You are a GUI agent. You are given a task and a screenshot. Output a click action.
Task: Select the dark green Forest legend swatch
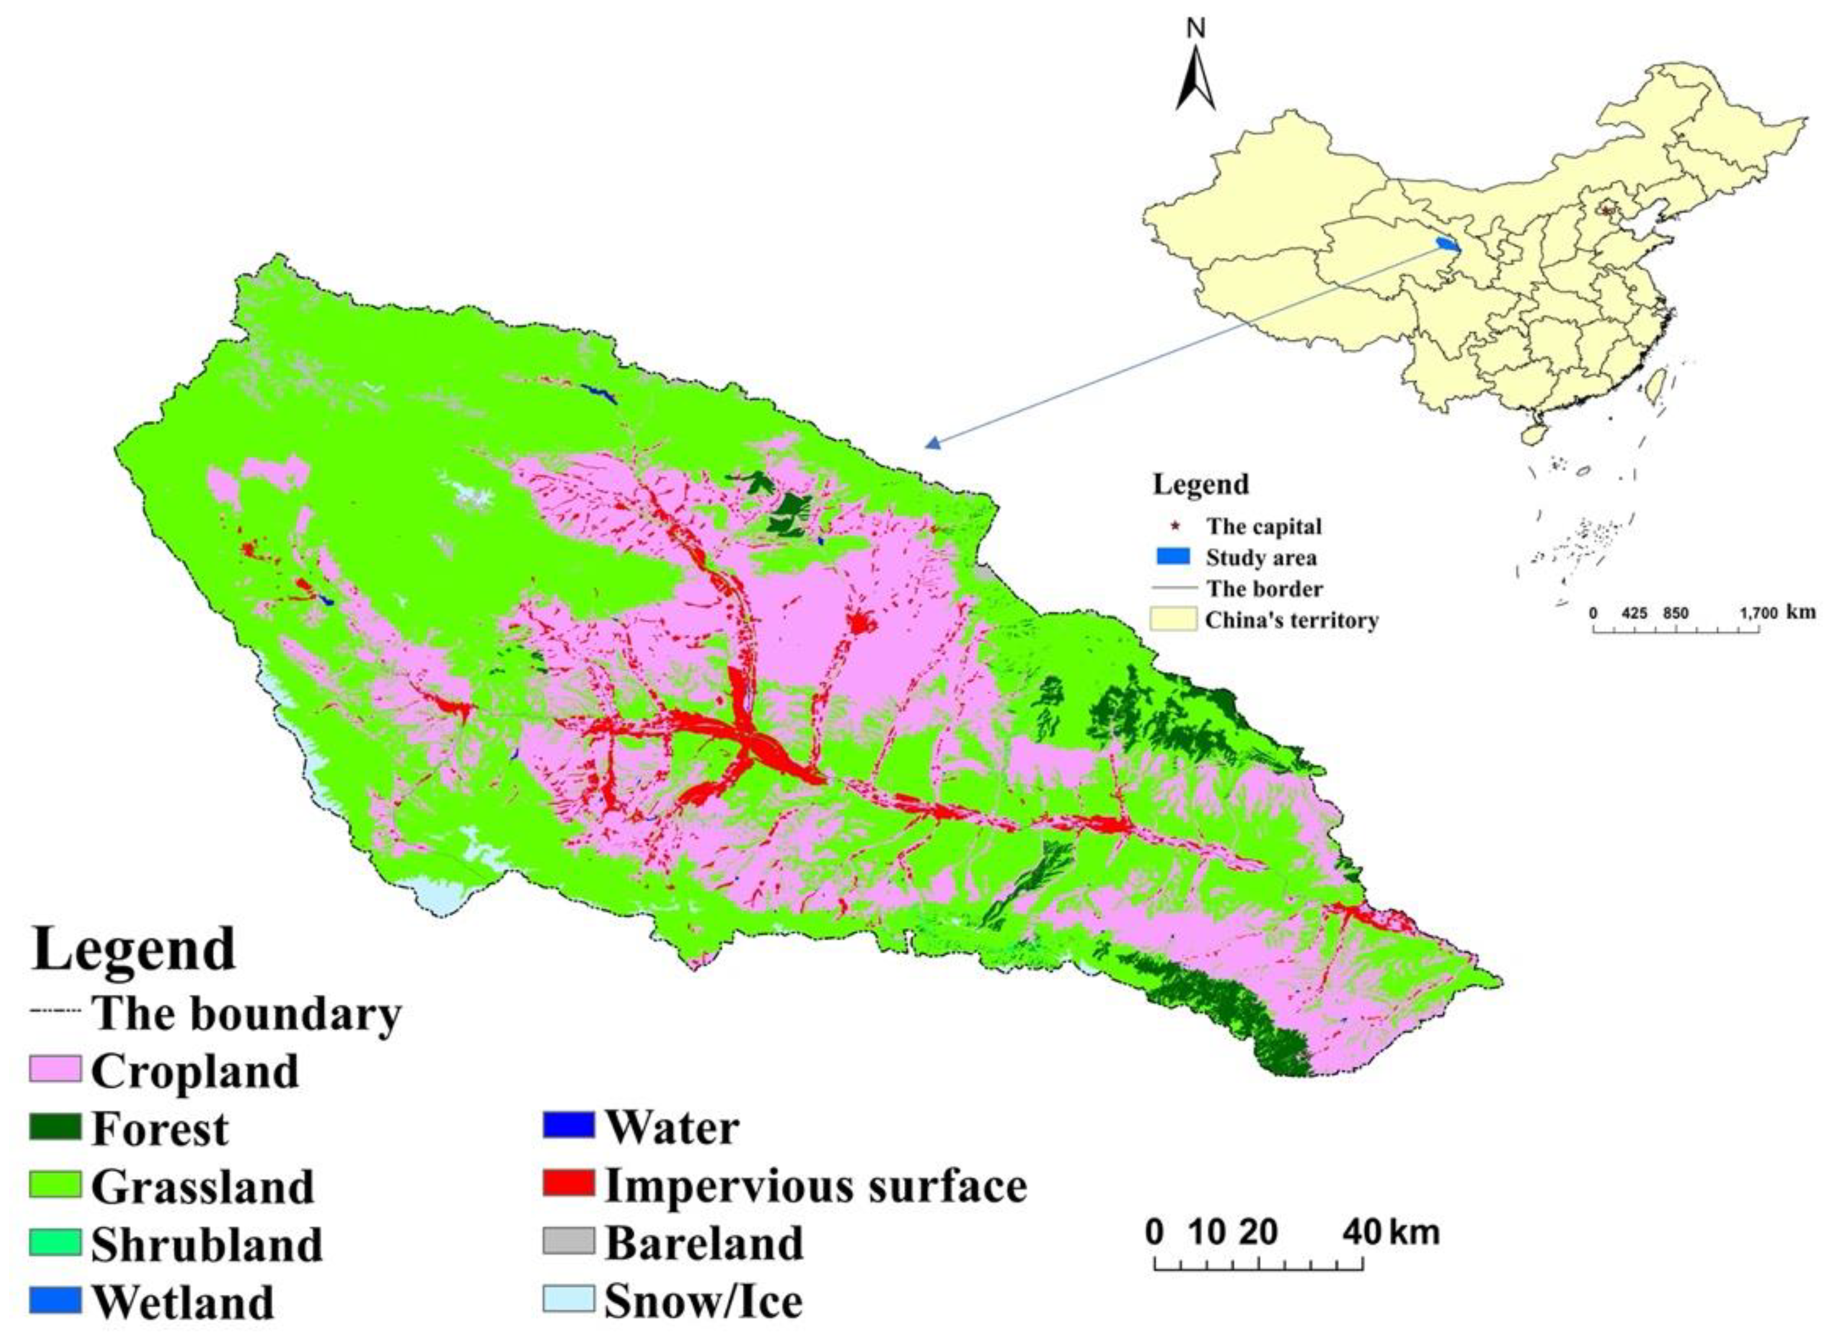tap(55, 1127)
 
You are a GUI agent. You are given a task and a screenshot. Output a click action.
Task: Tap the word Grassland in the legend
tap(202, 1187)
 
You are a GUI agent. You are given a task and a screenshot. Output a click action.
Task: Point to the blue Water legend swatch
tap(568, 1126)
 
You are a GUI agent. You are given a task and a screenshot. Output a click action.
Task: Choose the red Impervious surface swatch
tap(568, 1184)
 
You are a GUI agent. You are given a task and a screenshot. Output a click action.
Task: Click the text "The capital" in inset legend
tap(1264, 526)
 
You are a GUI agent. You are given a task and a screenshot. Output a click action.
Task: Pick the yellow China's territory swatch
tap(1172, 619)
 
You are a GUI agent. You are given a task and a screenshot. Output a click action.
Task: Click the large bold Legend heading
tap(134, 950)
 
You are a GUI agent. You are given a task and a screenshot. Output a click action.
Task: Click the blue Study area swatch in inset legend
tap(1172, 557)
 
